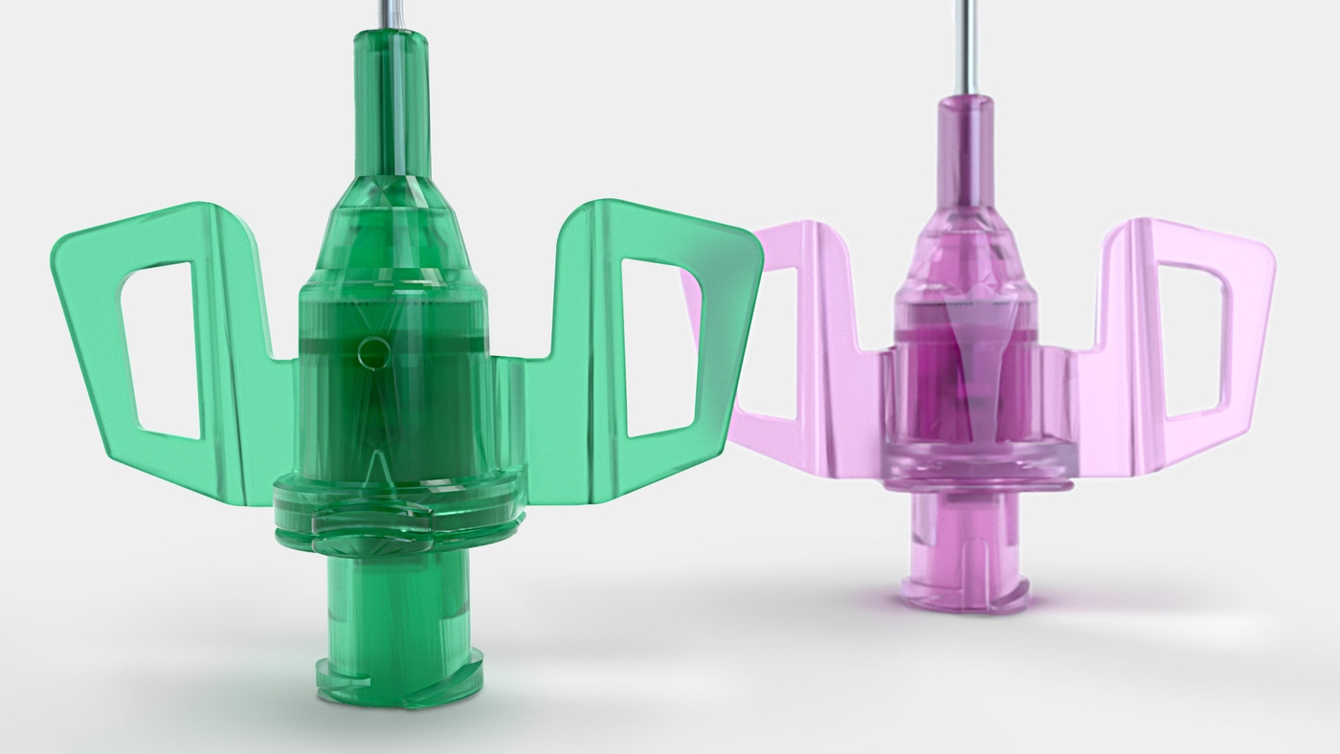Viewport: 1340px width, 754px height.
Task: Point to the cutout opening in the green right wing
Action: tap(660, 344)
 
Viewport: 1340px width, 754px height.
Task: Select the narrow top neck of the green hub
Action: tap(391, 105)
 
